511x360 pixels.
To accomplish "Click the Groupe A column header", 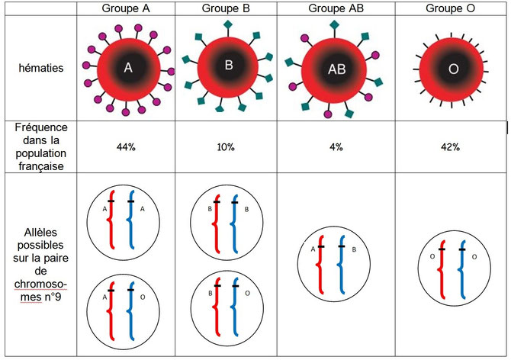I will coord(127,8).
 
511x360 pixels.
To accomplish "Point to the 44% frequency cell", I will coord(127,146).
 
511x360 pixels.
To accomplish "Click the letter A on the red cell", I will coord(128,68).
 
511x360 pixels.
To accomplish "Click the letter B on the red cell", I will coord(228,65).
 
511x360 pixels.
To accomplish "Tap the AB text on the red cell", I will coord(336,69).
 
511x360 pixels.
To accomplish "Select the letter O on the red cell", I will coord(453,69).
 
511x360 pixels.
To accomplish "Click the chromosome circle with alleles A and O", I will coord(125,308).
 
